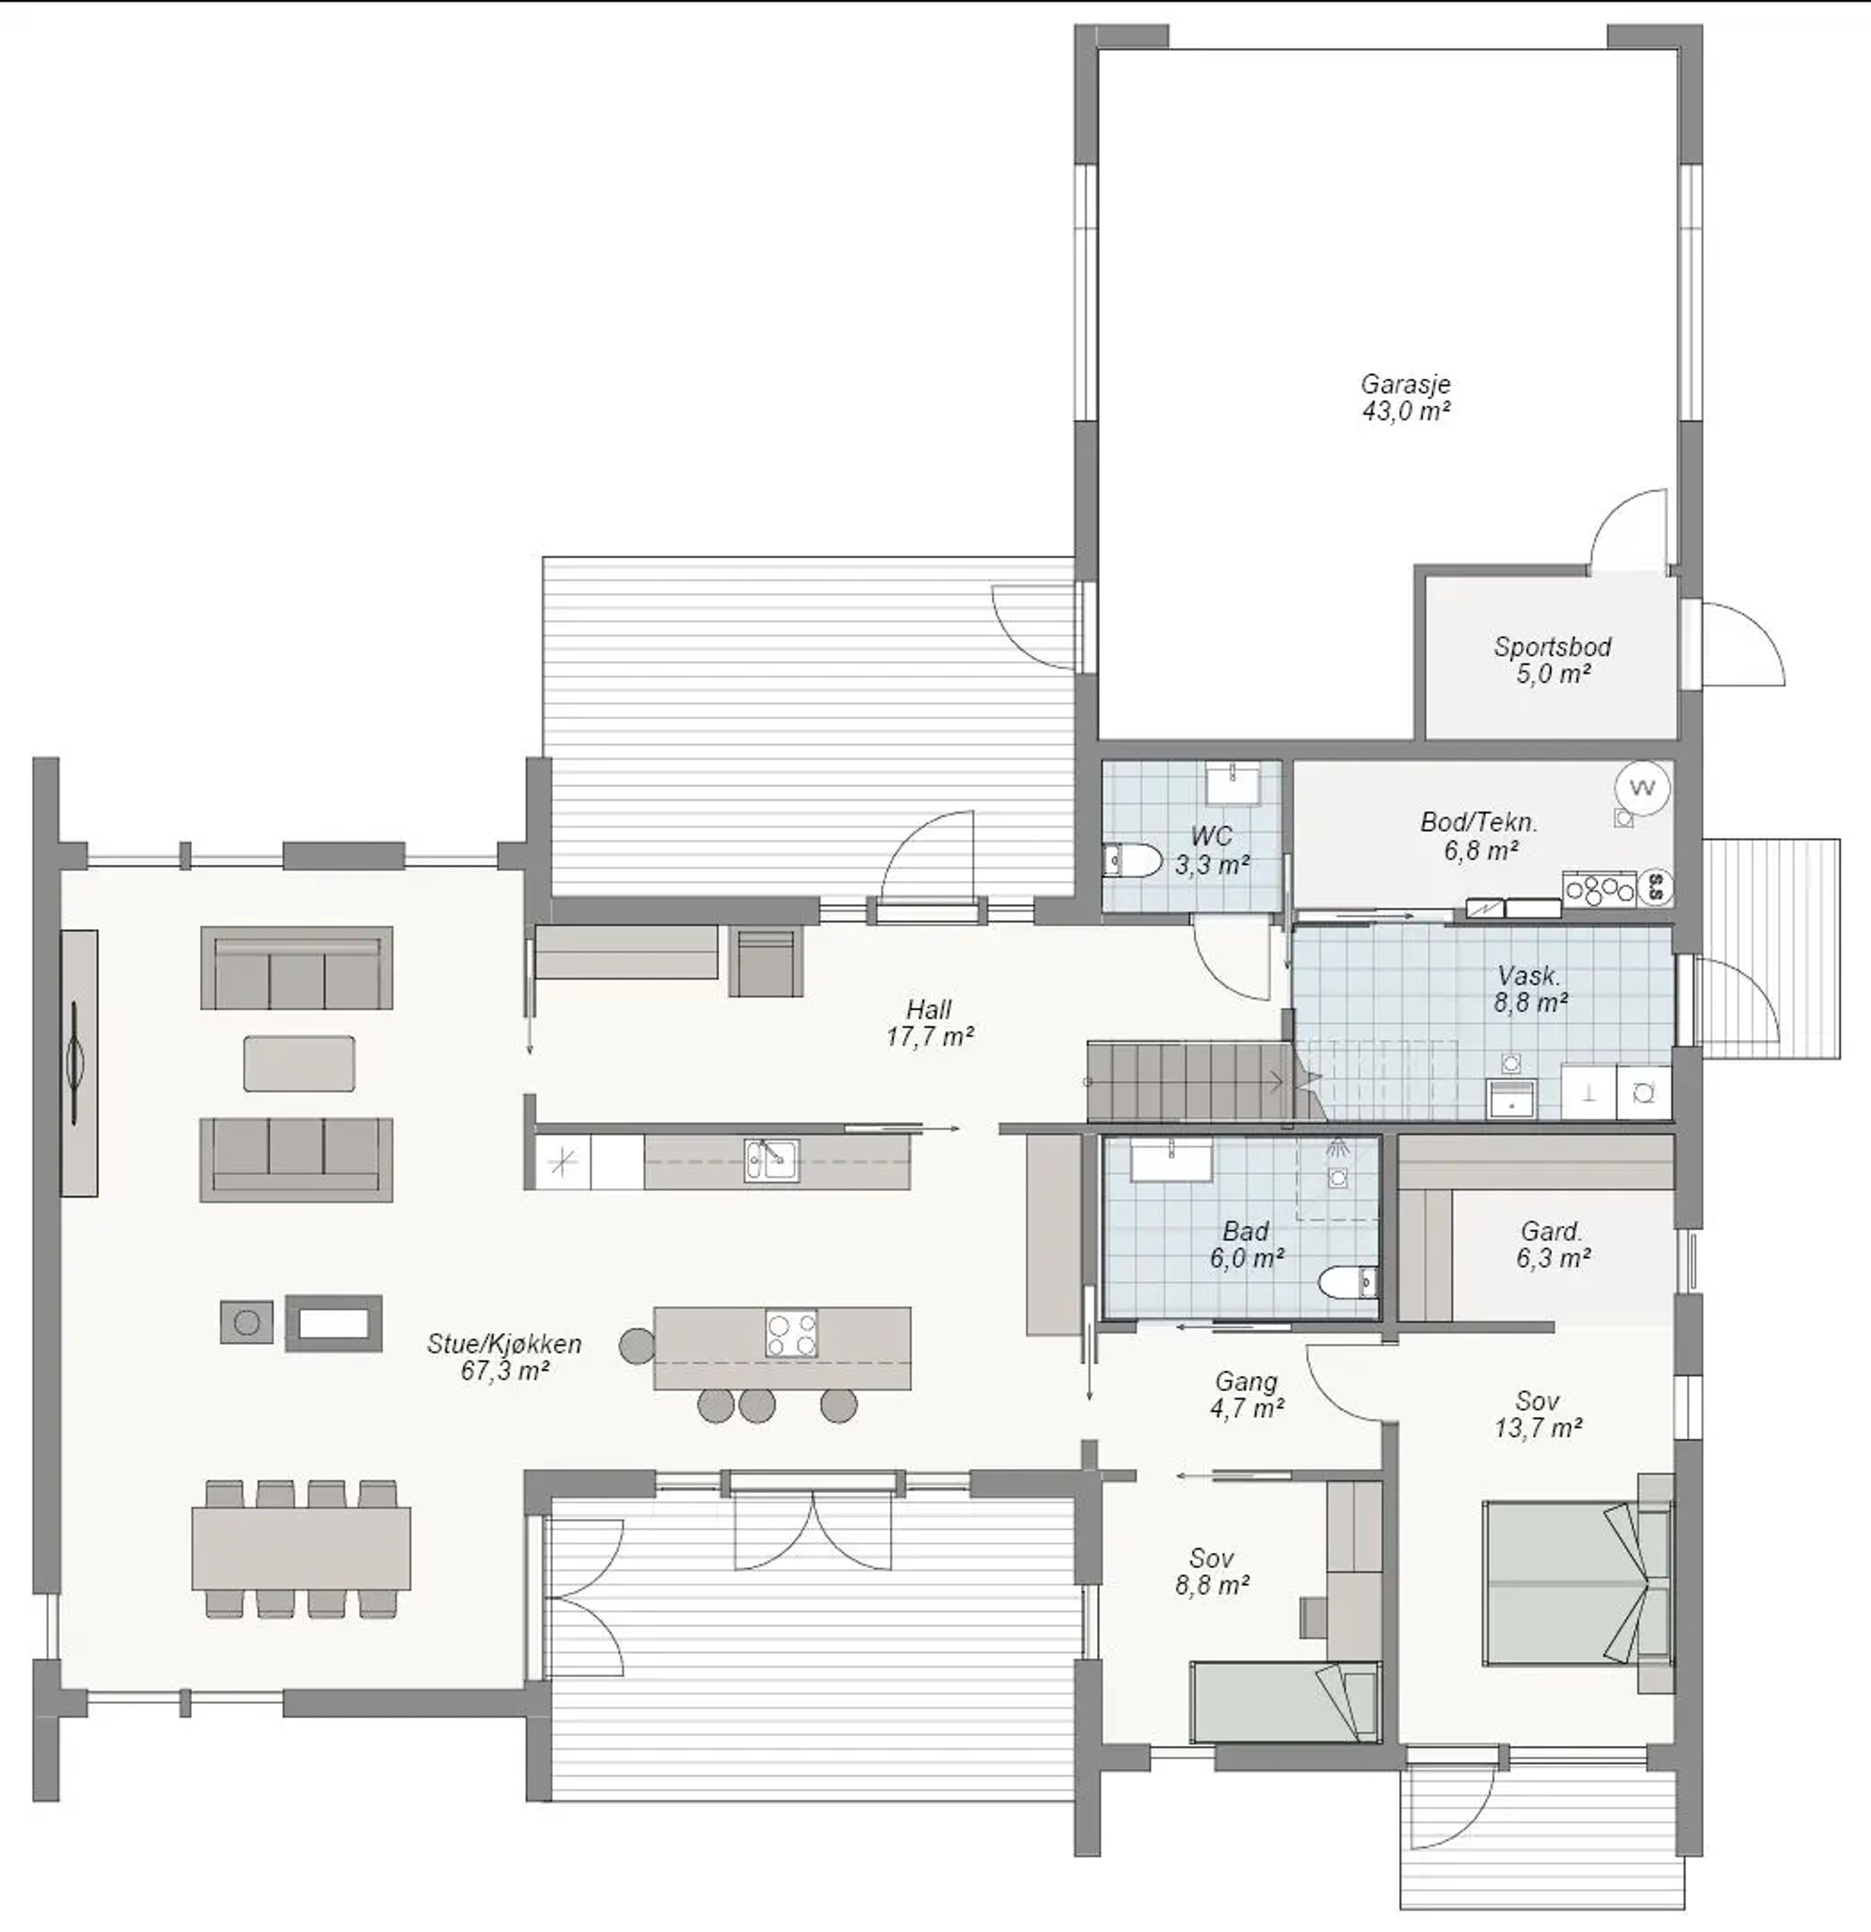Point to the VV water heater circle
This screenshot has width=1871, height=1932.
(1642, 787)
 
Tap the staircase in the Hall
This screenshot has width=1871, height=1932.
(1188, 1081)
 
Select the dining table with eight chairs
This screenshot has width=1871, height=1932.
(301, 1549)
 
